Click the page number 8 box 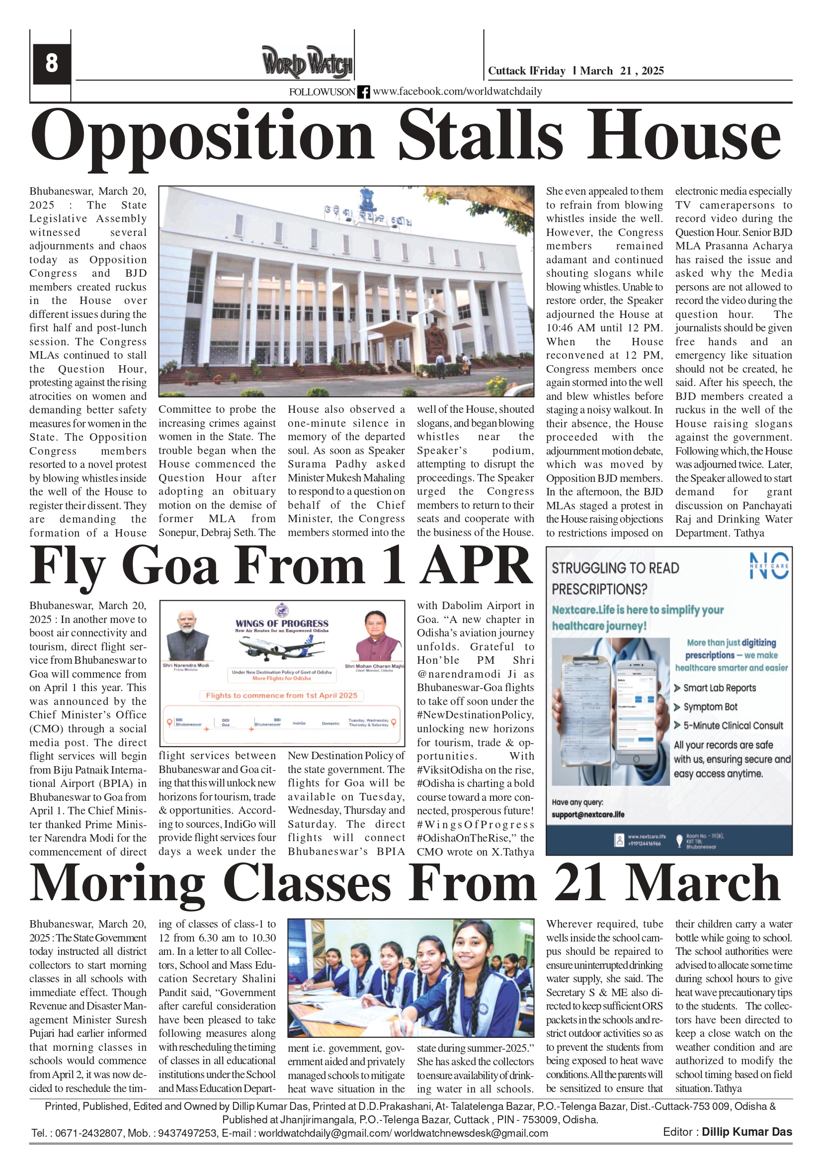point(51,64)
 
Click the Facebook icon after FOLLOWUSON point(363,92)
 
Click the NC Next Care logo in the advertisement point(769,565)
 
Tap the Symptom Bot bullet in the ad point(710,707)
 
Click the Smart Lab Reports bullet point(719,688)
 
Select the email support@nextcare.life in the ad point(588,814)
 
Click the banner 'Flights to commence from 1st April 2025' point(281,696)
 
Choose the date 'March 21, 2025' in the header point(622,71)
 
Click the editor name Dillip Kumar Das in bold point(746,1132)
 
